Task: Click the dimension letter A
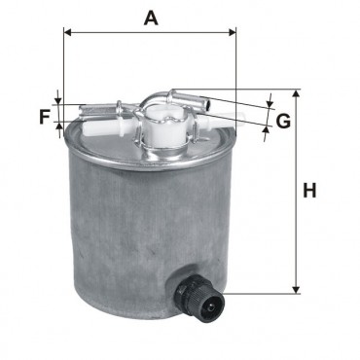point(151,18)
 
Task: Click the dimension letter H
point(309,191)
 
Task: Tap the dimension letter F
point(45,117)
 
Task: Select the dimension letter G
point(283,121)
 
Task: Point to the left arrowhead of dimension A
point(67,32)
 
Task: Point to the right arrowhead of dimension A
point(233,32)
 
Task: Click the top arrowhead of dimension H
point(296,93)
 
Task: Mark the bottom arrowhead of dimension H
point(296,290)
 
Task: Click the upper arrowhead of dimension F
point(58,100)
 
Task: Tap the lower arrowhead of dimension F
point(58,126)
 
